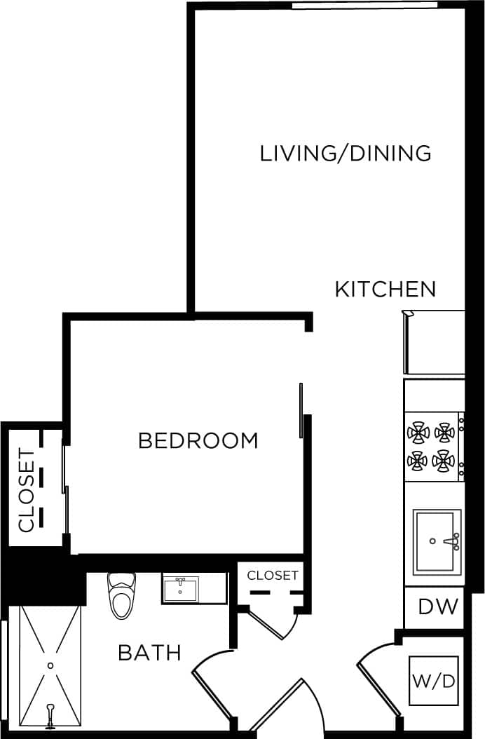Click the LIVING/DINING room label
coord(345,153)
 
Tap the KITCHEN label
coord(385,289)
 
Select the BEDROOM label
coord(198,441)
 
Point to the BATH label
coord(149,653)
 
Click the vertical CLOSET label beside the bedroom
coord(26,490)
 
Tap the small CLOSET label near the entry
coord(273,576)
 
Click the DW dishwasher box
coord(438,606)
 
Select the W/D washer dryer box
coord(434,681)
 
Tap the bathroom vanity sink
coord(181,589)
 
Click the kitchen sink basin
coord(436,542)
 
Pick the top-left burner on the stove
coord(419,433)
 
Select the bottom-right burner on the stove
coord(444,461)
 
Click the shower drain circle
coord(50,665)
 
